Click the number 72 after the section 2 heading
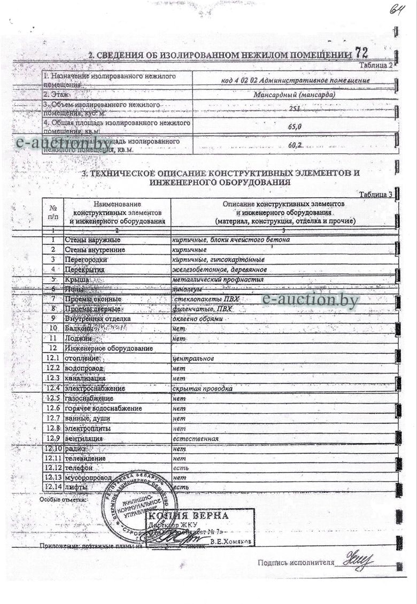click(361, 52)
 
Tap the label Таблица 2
click(375, 65)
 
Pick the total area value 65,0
click(295, 127)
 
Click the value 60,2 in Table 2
click(295, 145)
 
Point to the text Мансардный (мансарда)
click(295, 94)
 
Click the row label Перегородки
click(86, 260)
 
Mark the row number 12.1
click(52, 359)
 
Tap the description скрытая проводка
click(202, 389)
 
